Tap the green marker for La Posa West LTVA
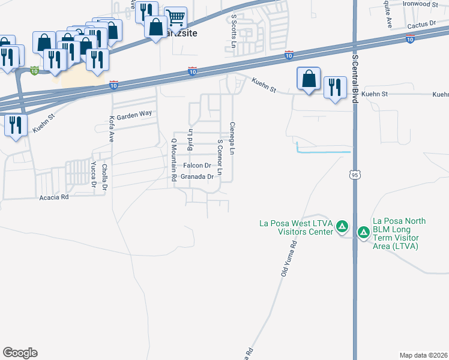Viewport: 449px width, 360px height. point(342,226)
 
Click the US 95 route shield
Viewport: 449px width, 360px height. point(355,173)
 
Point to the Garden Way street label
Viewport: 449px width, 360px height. point(134,114)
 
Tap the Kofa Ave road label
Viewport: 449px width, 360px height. point(111,128)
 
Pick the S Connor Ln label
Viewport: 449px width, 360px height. point(220,157)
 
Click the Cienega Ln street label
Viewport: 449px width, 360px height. point(232,139)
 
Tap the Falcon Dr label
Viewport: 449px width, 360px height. point(197,166)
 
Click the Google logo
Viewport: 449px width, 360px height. point(20,353)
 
